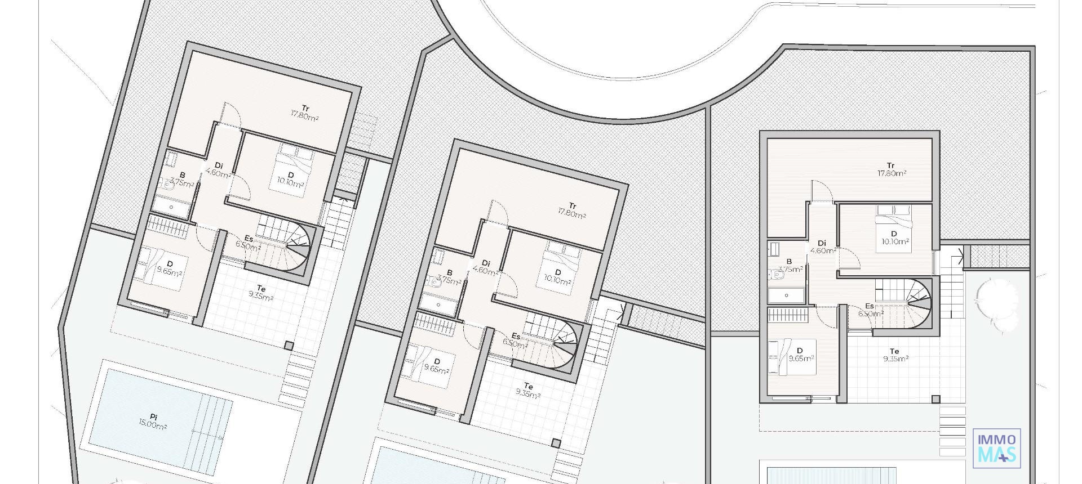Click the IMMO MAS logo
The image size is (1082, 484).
pos(996,447)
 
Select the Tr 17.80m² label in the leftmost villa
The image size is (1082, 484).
pos(305,112)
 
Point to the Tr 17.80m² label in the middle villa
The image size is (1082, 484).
pos(572,210)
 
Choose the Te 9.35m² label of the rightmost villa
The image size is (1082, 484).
pos(895,355)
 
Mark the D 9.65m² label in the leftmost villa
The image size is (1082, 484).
pos(169,268)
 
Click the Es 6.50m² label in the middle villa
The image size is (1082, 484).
pos(516,340)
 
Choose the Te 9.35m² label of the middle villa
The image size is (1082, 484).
pos(528,390)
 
